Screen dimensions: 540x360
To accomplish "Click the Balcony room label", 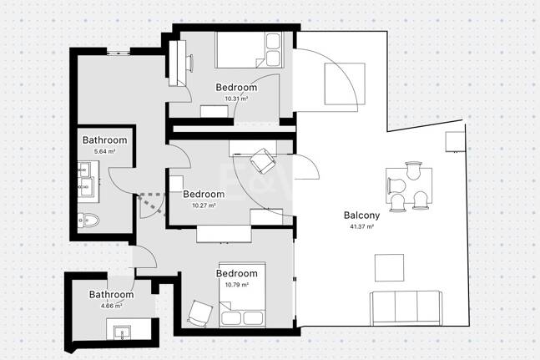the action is (361, 215).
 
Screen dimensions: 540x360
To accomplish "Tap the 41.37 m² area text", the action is (361, 226).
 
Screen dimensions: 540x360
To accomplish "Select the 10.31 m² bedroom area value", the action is (236, 99).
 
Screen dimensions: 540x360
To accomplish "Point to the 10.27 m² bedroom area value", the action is (204, 205).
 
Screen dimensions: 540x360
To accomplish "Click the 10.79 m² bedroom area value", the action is (237, 285).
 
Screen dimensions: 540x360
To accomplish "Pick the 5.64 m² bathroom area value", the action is (104, 151).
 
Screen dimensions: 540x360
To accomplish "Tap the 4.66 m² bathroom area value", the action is (111, 305).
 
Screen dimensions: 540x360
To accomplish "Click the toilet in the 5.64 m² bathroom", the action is (88, 221).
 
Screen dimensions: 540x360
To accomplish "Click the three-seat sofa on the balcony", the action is (406, 308).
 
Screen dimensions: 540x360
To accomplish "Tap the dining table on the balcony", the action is (409, 185).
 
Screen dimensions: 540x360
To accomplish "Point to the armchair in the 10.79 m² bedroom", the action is (199, 313).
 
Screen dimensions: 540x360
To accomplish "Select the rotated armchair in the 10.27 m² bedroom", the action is (263, 161).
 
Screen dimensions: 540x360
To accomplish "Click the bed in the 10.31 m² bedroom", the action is (249, 50).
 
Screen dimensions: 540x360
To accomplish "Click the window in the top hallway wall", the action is (119, 53).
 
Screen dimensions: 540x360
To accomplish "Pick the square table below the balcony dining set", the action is (389, 267).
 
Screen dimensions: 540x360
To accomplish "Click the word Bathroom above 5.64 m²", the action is (104, 140).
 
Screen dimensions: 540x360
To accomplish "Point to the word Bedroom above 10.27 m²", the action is (204, 194).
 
